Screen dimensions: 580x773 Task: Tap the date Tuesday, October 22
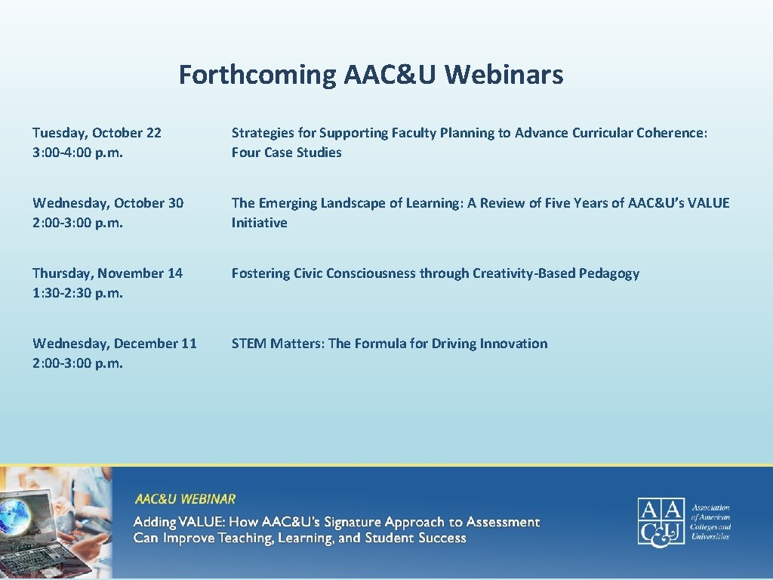(97, 133)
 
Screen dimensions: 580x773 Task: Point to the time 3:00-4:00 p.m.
(78, 153)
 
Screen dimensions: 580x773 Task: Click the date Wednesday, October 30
(108, 203)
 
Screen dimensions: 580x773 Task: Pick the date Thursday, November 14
(107, 273)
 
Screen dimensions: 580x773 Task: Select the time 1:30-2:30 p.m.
(78, 293)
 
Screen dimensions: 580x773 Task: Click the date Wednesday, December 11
(114, 344)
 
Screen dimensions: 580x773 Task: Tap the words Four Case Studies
(286, 153)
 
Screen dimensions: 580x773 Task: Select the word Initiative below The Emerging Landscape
(259, 223)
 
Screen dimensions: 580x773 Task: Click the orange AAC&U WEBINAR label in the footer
(185, 499)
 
